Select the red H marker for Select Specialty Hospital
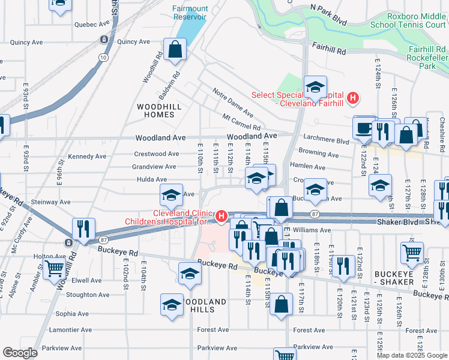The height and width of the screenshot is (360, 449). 354,97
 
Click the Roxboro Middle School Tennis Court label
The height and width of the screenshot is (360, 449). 408,20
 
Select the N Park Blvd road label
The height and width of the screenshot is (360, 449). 328,14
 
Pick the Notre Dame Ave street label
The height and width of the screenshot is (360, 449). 234,101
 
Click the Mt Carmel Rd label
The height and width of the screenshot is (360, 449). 241,122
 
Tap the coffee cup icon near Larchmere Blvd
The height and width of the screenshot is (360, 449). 364,128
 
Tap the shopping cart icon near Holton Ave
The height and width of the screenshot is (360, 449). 55,269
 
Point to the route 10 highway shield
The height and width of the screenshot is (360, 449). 104,57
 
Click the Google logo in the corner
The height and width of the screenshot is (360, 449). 20,353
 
